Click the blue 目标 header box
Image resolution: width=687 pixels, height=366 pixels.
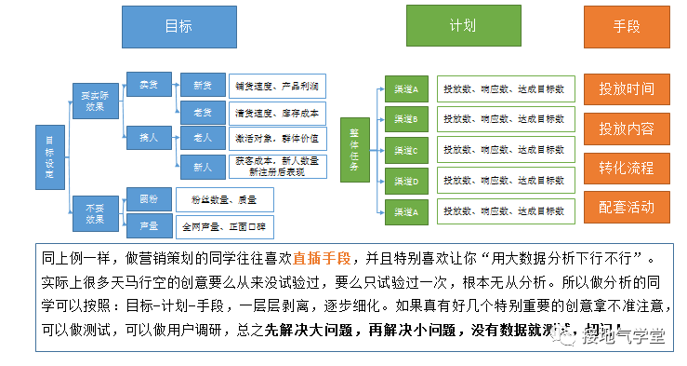tap(178, 26)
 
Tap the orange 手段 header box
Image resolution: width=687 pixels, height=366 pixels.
tap(627, 26)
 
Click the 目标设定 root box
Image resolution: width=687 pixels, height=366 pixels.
tap(49, 156)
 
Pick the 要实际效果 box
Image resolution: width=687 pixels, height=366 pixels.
tap(93, 100)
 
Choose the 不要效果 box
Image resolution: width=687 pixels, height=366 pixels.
tap(93, 212)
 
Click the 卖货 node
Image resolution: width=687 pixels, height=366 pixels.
tap(148, 85)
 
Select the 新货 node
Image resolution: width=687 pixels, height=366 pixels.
tap(202, 86)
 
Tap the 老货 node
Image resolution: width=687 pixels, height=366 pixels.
tap(202, 113)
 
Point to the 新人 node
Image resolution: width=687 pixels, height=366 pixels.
tap(202, 167)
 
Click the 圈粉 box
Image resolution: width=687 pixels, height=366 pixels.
tap(148, 199)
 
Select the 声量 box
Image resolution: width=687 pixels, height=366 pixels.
tap(148, 225)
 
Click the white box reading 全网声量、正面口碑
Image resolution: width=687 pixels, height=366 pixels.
tap(223, 225)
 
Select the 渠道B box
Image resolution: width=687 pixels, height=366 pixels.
tap(406, 119)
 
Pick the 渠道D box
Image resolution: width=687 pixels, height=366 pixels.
tap(406, 181)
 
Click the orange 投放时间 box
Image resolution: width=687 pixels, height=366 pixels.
tap(627, 89)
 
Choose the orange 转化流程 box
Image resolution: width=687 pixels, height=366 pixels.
tap(627, 169)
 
